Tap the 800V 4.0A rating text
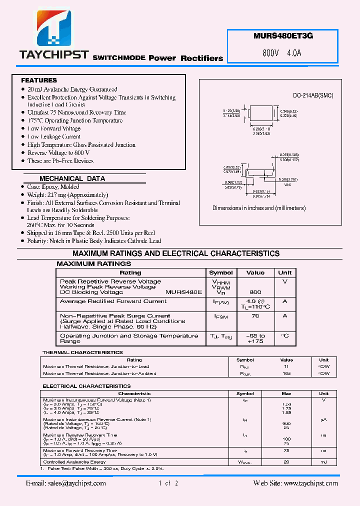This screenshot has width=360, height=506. point(282,53)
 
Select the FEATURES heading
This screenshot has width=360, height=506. point(39,80)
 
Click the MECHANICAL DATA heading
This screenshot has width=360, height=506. point(72,178)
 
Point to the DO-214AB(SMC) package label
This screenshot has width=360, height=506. point(312,95)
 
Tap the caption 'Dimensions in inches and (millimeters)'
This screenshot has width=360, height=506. point(259,208)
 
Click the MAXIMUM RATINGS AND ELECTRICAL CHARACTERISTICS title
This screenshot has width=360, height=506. point(176,253)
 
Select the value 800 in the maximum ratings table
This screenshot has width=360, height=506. point(255,292)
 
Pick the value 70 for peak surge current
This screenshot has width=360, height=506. point(255,316)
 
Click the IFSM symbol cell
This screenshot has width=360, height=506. point(220,316)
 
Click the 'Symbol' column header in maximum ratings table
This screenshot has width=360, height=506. point(220,273)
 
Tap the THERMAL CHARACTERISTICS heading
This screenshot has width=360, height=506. point(82,352)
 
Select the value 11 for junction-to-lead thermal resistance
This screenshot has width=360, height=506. point(286,366)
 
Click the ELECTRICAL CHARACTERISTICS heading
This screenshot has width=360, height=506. point(86,386)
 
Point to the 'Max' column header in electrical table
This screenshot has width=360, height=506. point(286,393)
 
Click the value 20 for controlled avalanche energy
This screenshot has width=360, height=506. point(286,462)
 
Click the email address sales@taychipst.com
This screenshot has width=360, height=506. point(65,483)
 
